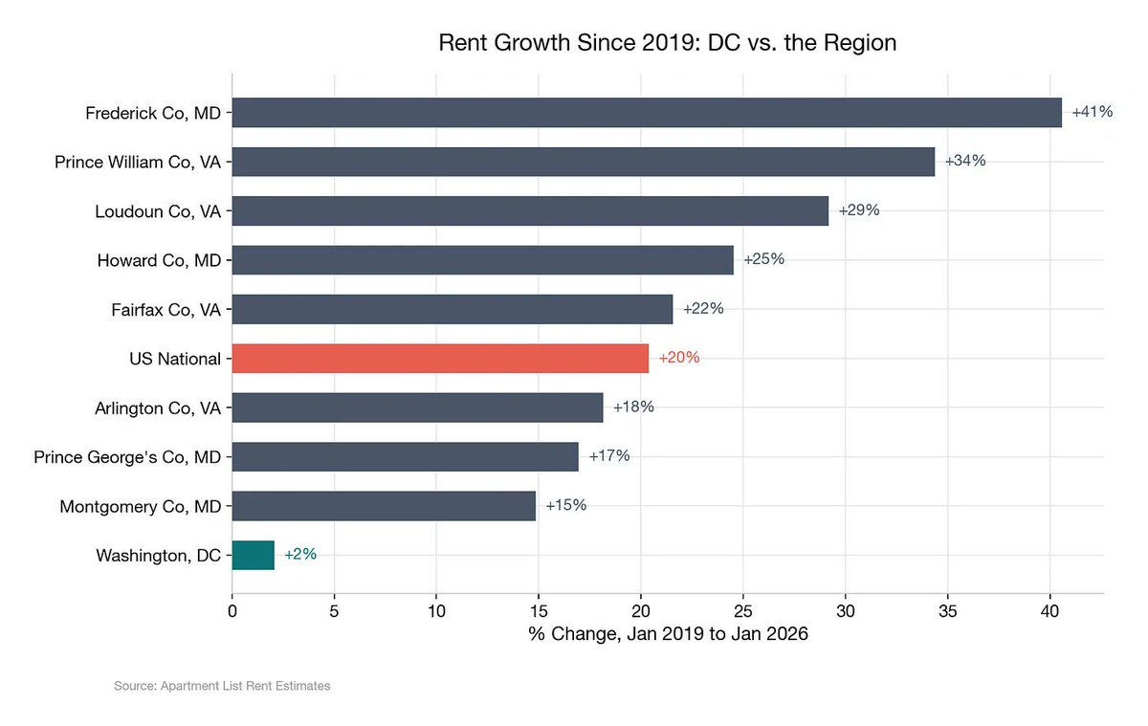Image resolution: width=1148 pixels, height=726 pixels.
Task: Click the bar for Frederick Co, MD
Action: pyautogui.click(x=646, y=112)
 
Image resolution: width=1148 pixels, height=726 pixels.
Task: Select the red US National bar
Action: pyautogui.click(x=440, y=358)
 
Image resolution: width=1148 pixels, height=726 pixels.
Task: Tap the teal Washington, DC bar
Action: pyautogui.click(x=253, y=555)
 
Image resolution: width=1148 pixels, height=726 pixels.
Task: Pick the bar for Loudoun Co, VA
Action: pyautogui.click(x=529, y=210)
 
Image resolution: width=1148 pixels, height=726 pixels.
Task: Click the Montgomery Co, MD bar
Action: pyautogui.click(x=383, y=505)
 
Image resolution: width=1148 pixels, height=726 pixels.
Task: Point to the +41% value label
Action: pyautogui.click(x=1092, y=112)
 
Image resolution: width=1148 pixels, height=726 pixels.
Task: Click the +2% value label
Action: pyautogui.click(x=299, y=555)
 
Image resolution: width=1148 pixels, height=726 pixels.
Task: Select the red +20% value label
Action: pyautogui.click(x=678, y=358)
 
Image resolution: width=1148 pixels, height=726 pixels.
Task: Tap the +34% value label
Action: pyautogui.click(x=964, y=161)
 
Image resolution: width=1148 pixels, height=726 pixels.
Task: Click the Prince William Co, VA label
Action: pyautogui.click(x=138, y=162)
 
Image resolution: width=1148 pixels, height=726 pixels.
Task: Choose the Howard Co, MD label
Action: pyautogui.click(x=159, y=260)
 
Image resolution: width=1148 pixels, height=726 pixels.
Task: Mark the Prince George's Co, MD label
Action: pyautogui.click(x=127, y=457)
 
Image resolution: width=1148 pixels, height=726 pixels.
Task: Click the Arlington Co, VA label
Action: pyautogui.click(x=158, y=407)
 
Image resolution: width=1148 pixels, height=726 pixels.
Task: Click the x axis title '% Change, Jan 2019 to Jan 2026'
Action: pyautogui.click(x=668, y=635)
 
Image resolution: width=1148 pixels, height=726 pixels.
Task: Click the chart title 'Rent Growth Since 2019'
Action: pyautogui.click(x=667, y=43)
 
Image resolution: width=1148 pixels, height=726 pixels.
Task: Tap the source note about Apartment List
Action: pyautogui.click(x=222, y=686)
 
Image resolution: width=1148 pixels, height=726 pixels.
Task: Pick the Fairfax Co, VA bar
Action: pyautogui.click(x=452, y=309)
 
